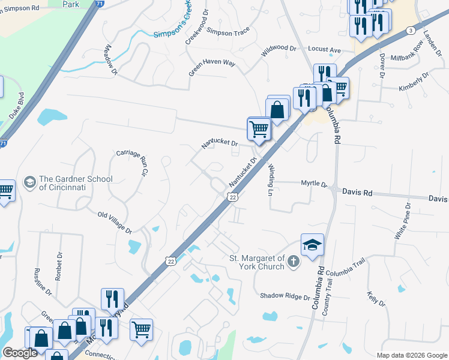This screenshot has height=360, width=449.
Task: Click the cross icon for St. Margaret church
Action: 293,261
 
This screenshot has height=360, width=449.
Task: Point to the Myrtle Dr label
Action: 313,184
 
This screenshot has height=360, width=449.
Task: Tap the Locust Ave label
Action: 324,49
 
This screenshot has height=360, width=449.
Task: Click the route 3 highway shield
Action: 411,30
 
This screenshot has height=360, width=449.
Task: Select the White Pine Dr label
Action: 401,221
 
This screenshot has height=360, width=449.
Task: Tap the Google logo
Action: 19,352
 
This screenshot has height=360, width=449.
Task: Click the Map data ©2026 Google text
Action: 411,355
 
